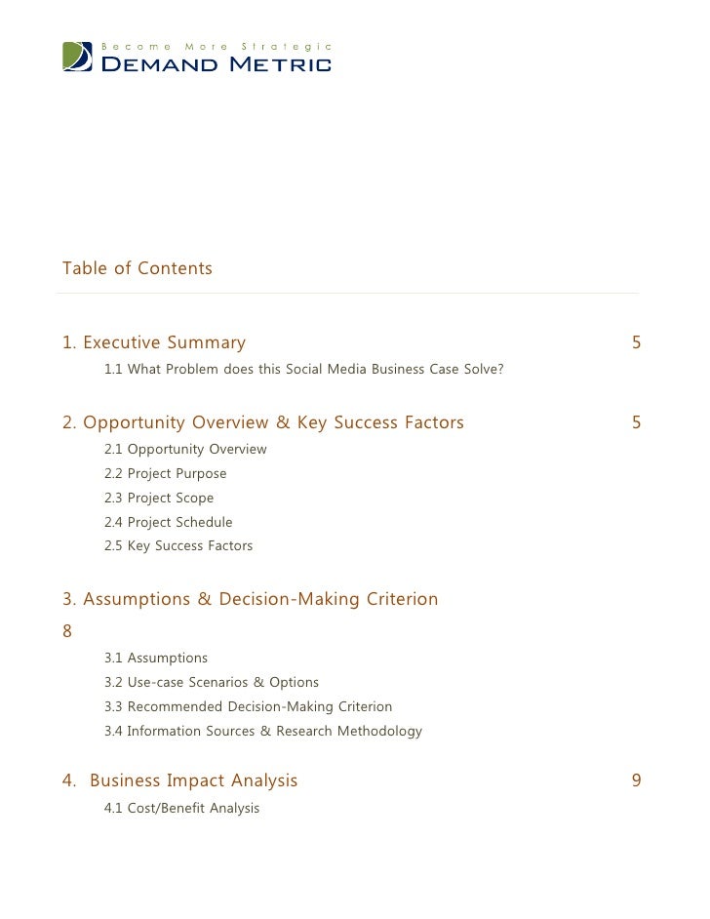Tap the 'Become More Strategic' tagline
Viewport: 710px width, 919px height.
click(x=217, y=46)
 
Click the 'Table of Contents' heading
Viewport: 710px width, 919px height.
click(x=137, y=268)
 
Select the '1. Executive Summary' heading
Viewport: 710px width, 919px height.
click(x=154, y=342)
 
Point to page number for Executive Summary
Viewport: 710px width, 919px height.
click(x=636, y=342)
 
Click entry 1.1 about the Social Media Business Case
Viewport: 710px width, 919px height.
click(x=303, y=370)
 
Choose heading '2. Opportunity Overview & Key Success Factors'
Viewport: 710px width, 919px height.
click(x=263, y=422)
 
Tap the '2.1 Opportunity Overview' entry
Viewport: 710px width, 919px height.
click(x=185, y=450)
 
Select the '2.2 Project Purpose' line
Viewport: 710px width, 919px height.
click(x=166, y=474)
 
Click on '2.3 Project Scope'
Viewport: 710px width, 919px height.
click(x=159, y=499)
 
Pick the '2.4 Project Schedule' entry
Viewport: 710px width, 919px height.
click(x=169, y=523)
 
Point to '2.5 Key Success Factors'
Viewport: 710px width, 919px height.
click(x=178, y=546)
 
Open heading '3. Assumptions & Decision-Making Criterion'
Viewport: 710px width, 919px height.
click(x=251, y=599)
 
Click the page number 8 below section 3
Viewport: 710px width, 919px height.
click(x=67, y=630)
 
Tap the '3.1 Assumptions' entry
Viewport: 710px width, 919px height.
click(x=156, y=659)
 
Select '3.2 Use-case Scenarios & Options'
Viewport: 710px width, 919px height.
click(x=212, y=683)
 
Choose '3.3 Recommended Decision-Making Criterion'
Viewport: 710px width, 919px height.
click(x=248, y=706)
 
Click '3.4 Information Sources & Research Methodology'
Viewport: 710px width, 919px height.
click(x=263, y=731)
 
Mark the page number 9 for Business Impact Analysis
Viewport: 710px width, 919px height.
click(x=636, y=780)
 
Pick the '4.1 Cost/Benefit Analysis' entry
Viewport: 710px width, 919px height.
click(x=182, y=808)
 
